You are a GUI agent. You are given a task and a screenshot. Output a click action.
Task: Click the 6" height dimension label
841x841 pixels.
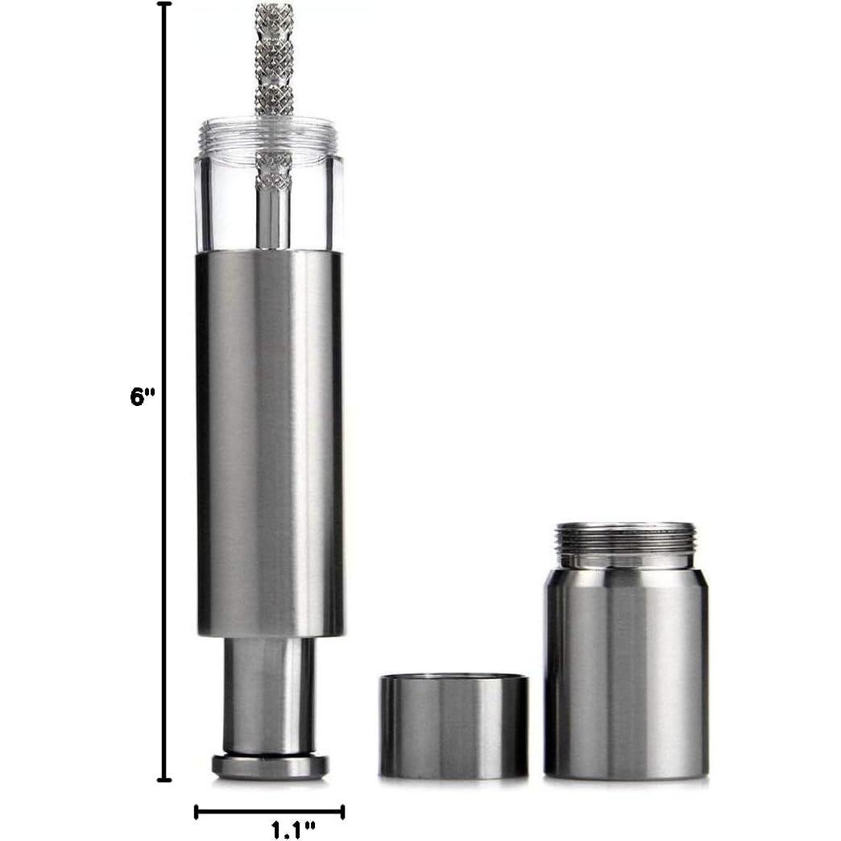[x=142, y=397]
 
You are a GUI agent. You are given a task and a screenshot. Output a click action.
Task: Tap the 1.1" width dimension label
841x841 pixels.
[x=293, y=830]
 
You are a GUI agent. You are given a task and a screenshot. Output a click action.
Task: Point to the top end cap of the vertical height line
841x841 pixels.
[x=164, y=4]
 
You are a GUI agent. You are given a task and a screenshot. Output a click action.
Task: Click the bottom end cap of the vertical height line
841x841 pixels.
[x=164, y=778]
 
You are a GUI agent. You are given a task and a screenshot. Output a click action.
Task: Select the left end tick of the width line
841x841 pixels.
[x=196, y=812]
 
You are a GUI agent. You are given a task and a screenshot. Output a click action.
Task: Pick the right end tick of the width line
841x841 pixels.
[x=342, y=812]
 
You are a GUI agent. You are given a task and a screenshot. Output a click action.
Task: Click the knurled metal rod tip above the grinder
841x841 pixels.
[x=274, y=59]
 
